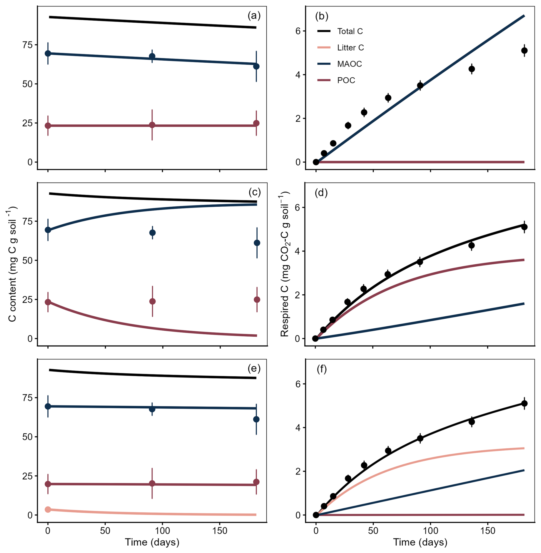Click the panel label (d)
pyautogui.click(x=321, y=193)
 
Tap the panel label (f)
pyautogui.click(x=321, y=370)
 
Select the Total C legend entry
pyautogui.click(x=340, y=31)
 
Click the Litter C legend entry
pyautogui.click(x=341, y=47)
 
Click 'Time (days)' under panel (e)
pyautogui.click(x=152, y=542)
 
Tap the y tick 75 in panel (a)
pyautogui.click(x=27, y=45)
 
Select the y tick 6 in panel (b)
pyautogui.click(x=298, y=31)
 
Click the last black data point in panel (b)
pyautogui.click(x=524, y=51)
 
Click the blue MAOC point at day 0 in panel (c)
pyautogui.click(x=48, y=230)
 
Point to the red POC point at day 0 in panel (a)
pyautogui.click(x=48, y=125)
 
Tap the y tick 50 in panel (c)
pyautogui.click(x=27, y=260)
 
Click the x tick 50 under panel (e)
pyautogui.click(x=105, y=531)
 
